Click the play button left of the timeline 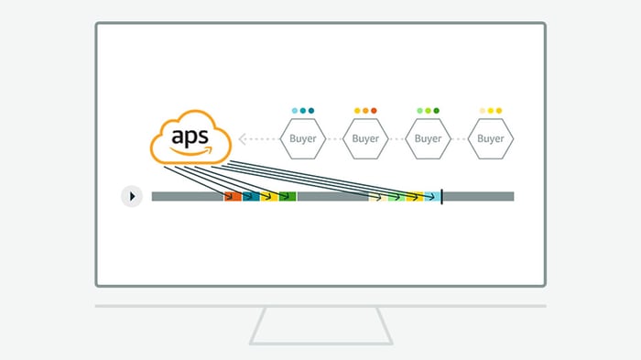132,196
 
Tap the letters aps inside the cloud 190,136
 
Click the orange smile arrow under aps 190,151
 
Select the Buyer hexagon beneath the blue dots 303,138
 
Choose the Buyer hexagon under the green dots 428,138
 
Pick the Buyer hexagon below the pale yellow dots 491,138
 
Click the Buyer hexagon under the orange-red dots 365,138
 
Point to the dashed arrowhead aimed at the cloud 243,139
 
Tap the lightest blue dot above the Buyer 295,111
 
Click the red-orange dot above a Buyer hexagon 374,111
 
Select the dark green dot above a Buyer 436,111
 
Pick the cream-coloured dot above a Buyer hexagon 483,111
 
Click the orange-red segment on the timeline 233,196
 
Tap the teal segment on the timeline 251,196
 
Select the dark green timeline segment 288,196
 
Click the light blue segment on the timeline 432,196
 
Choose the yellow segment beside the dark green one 269,196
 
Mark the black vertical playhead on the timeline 442,197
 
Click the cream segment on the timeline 378,196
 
